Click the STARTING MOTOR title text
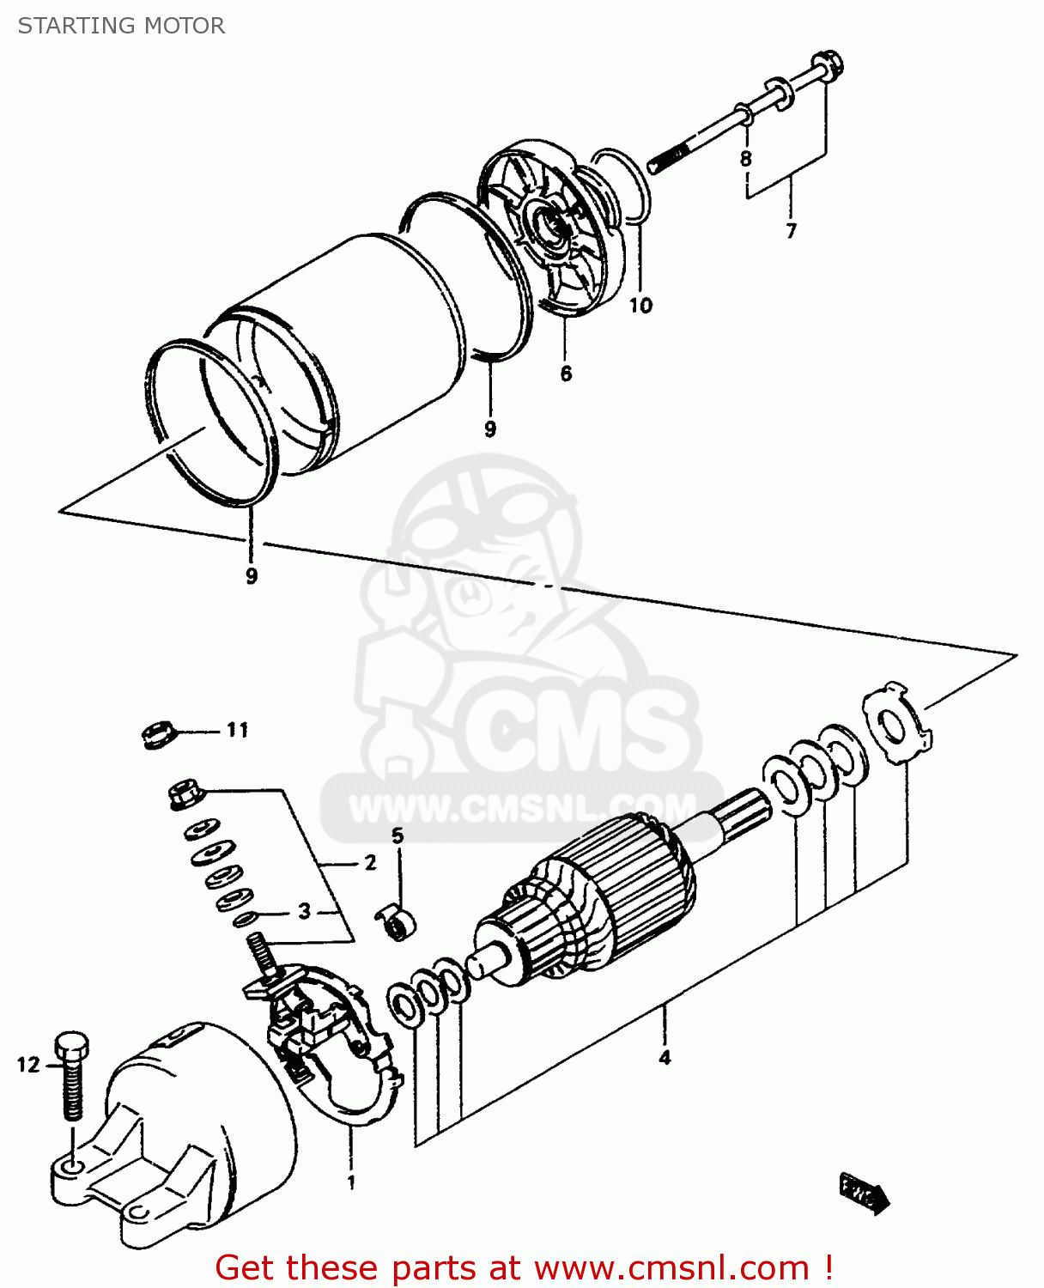coord(121,26)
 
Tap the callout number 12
coord(28,1065)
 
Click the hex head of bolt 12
coord(71,1046)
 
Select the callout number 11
coord(238,730)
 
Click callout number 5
coord(397,835)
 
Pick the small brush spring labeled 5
coord(397,923)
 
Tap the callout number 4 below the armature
coord(665,1058)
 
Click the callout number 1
coord(351,1183)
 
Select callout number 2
coord(370,862)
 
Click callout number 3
coord(304,911)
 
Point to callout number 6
coord(566,374)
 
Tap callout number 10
coord(640,305)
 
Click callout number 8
coord(745,159)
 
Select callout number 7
coord(791,230)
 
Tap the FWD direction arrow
coord(863,1193)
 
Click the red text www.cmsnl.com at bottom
coord(672,1268)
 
